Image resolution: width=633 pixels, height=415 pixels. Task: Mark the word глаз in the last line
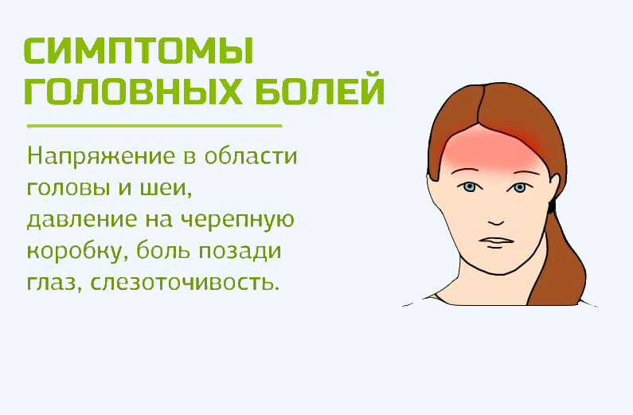pyautogui.click(x=53, y=283)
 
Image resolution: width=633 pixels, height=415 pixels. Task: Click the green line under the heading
pyautogui.click(x=154, y=126)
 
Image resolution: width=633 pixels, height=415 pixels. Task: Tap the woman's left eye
pyautogui.click(x=520, y=187)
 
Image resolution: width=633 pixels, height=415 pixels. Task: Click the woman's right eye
pyautogui.click(x=470, y=187)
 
